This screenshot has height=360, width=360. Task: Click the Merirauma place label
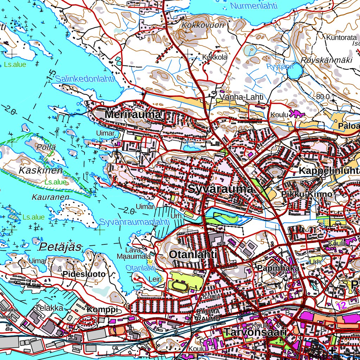coord(133,115)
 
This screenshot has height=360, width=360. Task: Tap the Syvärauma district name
coord(220,189)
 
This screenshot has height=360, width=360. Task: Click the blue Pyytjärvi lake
coord(295,71)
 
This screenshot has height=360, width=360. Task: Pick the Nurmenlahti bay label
coord(254,6)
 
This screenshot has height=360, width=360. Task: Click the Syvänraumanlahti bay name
coord(135,222)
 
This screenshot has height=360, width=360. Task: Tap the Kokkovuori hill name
coord(198,25)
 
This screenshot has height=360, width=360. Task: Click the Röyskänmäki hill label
coord(326,60)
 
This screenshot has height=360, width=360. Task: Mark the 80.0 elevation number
coord(322,96)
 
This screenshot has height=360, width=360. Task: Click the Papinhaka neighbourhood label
coord(278,268)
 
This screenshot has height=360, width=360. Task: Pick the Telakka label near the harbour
coord(49,308)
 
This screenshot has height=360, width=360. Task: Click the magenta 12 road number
coord(341,305)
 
